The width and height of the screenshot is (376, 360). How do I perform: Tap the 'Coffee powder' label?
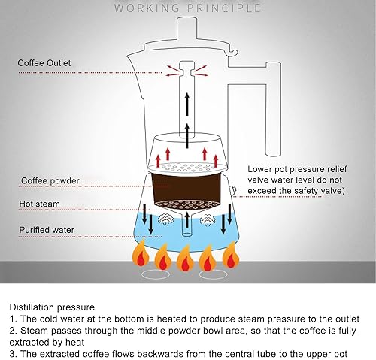(50, 180)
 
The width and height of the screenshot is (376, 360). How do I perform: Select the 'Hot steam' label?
(39, 203)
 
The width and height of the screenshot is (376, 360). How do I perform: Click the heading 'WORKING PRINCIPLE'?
(188, 8)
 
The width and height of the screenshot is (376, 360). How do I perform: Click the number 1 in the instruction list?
(13, 319)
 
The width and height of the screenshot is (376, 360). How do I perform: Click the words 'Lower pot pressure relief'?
(298, 169)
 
